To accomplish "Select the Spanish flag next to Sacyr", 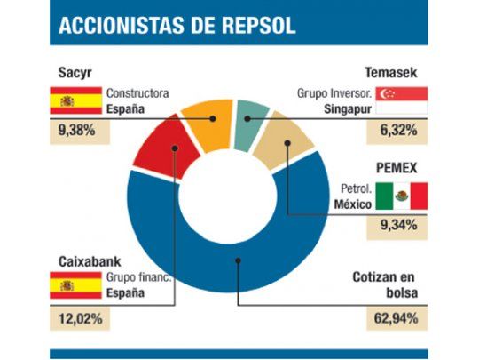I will pyautogui.click(x=67, y=100).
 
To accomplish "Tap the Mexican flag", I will pyautogui.click(x=401, y=196).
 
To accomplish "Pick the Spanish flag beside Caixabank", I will pyautogui.click(x=67, y=285).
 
